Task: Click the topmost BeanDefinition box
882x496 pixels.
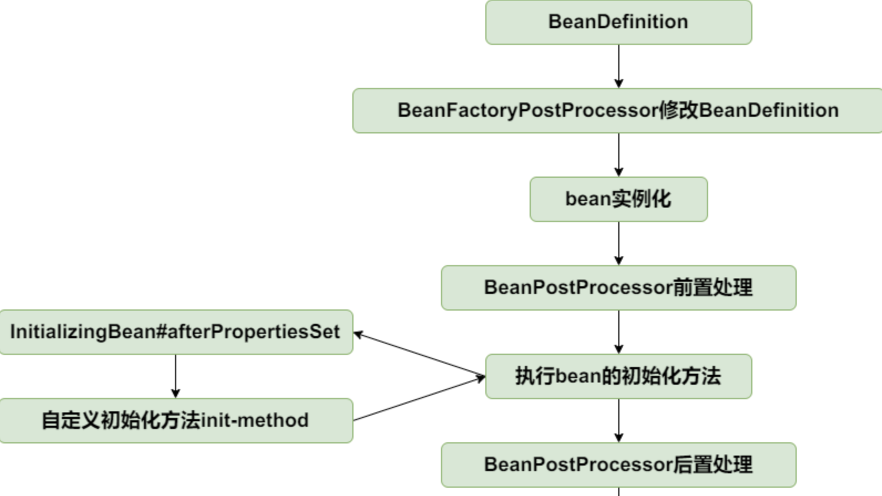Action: [x=618, y=22]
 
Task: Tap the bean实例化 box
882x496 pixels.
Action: [x=618, y=199]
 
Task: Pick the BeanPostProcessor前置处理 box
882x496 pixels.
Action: [x=618, y=288]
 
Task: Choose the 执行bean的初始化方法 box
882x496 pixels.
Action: [x=618, y=376]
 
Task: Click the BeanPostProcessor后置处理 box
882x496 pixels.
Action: [x=618, y=465]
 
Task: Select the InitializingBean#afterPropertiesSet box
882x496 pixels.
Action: [x=176, y=332]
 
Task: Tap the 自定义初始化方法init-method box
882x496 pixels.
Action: [x=176, y=421]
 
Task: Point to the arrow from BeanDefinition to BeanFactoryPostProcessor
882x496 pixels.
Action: [x=619, y=66]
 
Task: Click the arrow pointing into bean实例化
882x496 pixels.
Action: [x=619, y=155]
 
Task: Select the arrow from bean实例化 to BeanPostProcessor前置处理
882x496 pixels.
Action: [x=619, y=244]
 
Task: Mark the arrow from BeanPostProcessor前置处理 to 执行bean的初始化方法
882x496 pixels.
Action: [x=619, y=332]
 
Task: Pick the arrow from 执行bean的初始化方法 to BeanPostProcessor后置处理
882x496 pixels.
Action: [x=619, y=421]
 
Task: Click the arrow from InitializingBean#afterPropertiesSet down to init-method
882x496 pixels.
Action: [x=176, y=376]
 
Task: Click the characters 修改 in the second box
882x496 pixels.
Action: [x=679, y=111]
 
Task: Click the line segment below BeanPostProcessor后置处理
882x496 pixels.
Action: [x=619, y=492]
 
